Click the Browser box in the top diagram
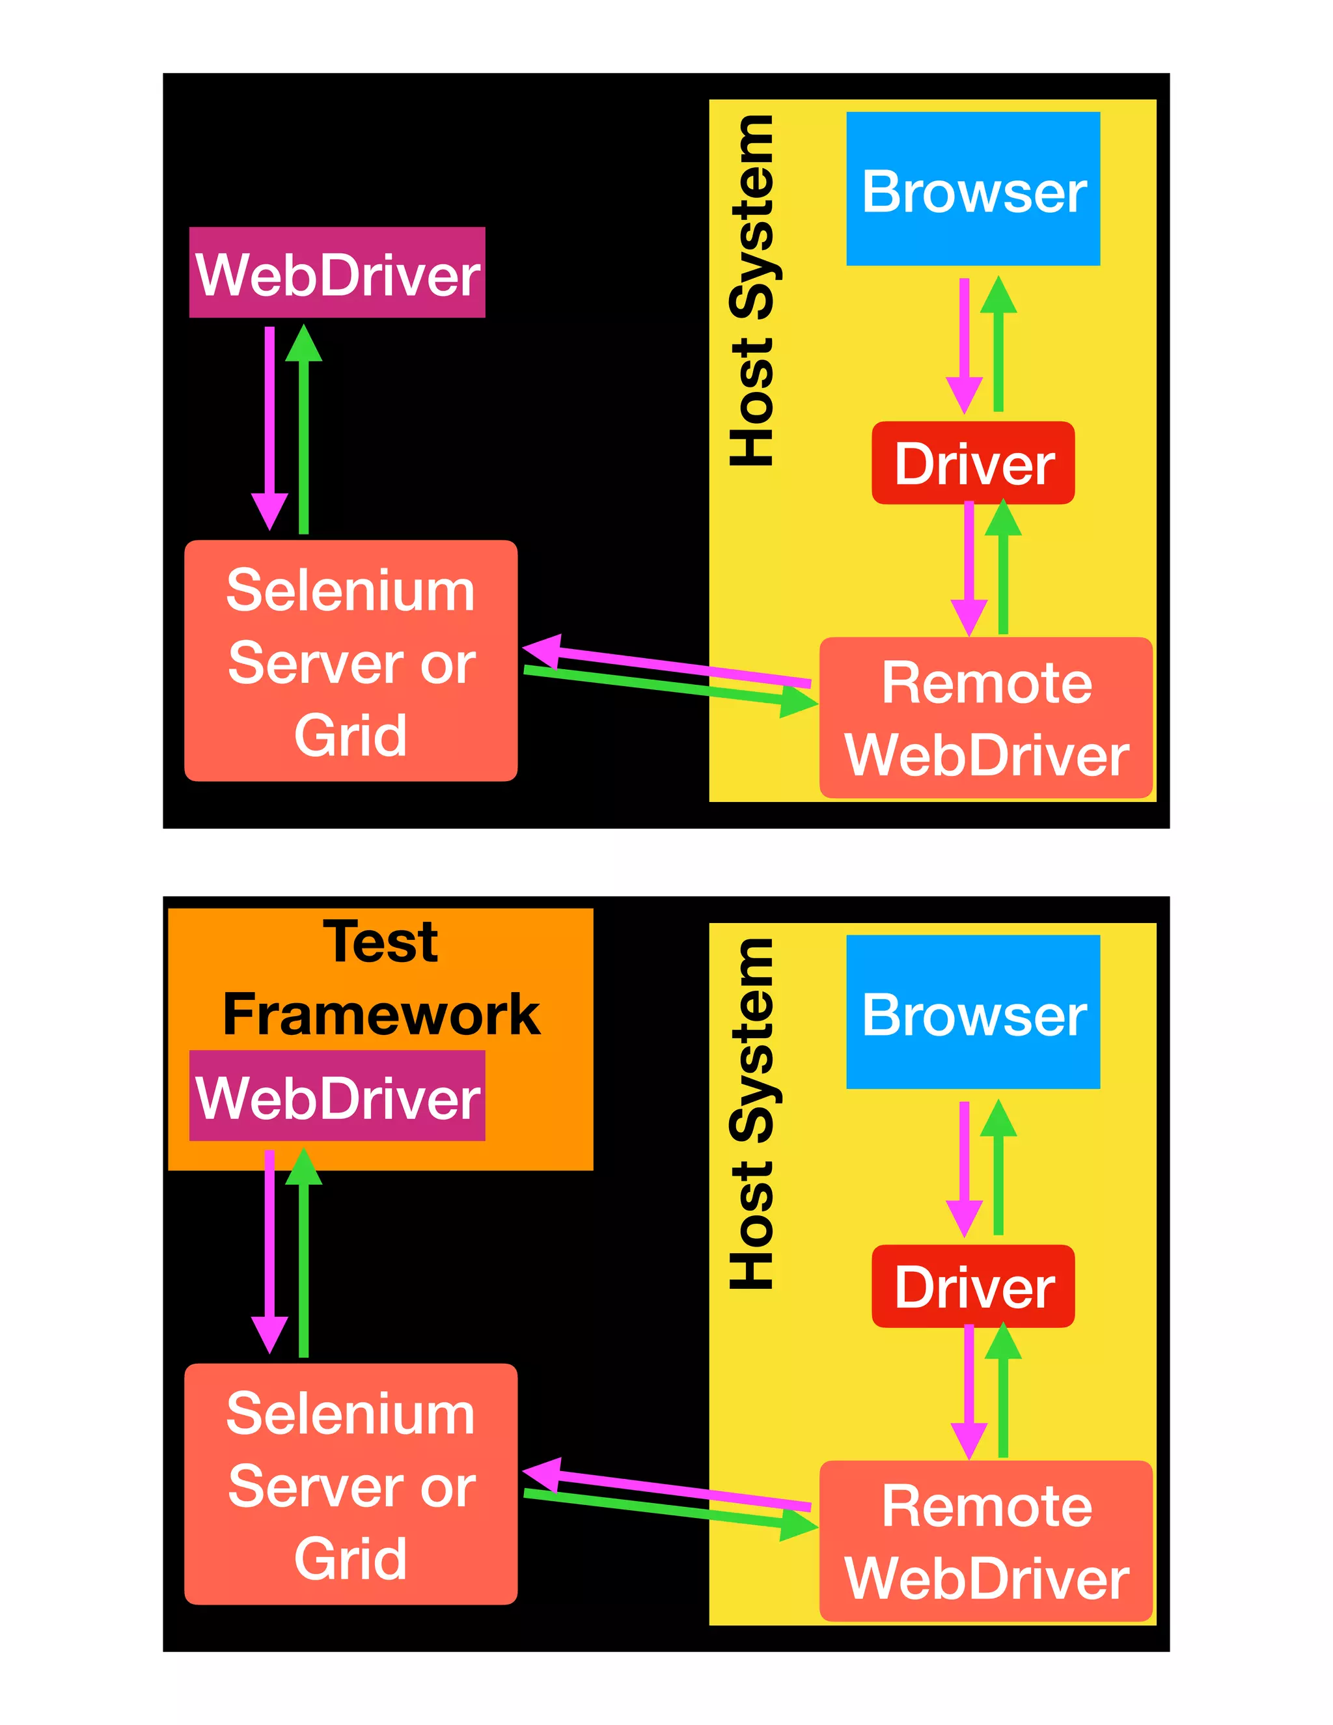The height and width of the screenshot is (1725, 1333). point(973,189)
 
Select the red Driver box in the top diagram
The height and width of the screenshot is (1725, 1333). point(973,463)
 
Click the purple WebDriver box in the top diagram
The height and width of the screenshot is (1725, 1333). point(337,273)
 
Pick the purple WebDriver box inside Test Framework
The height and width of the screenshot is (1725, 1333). point(337,1096)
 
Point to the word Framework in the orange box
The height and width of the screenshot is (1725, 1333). point(381,1014)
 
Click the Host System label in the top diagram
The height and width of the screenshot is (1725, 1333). point(752,291)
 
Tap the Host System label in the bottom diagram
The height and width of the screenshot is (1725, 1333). point(752,1114)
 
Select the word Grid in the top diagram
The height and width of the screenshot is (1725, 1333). point(351,736)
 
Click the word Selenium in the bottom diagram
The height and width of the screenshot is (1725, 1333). point(351,1414)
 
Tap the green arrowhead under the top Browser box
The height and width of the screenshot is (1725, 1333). point(998,296)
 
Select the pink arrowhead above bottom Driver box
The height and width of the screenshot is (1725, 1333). point(964,1217)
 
